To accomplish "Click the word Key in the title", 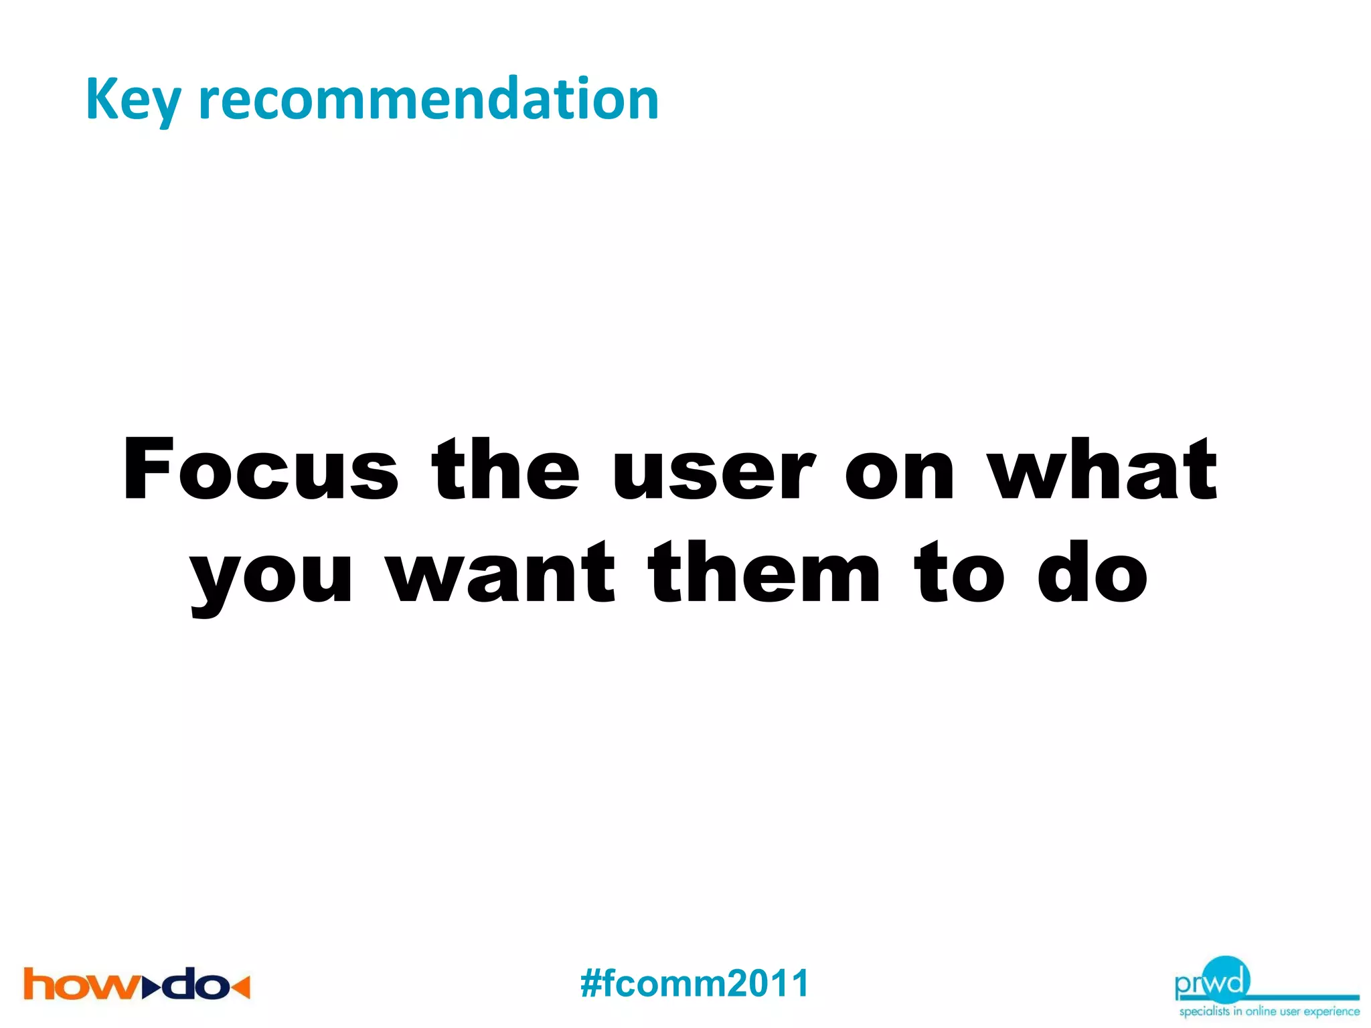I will pos(133,100).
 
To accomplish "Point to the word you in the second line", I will pos(271,576).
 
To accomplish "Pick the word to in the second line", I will pos(959,574).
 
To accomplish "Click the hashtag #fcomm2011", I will pos(694,984).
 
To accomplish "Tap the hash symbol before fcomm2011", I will pos(592,984).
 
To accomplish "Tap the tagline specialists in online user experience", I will pos(1269,1011).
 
